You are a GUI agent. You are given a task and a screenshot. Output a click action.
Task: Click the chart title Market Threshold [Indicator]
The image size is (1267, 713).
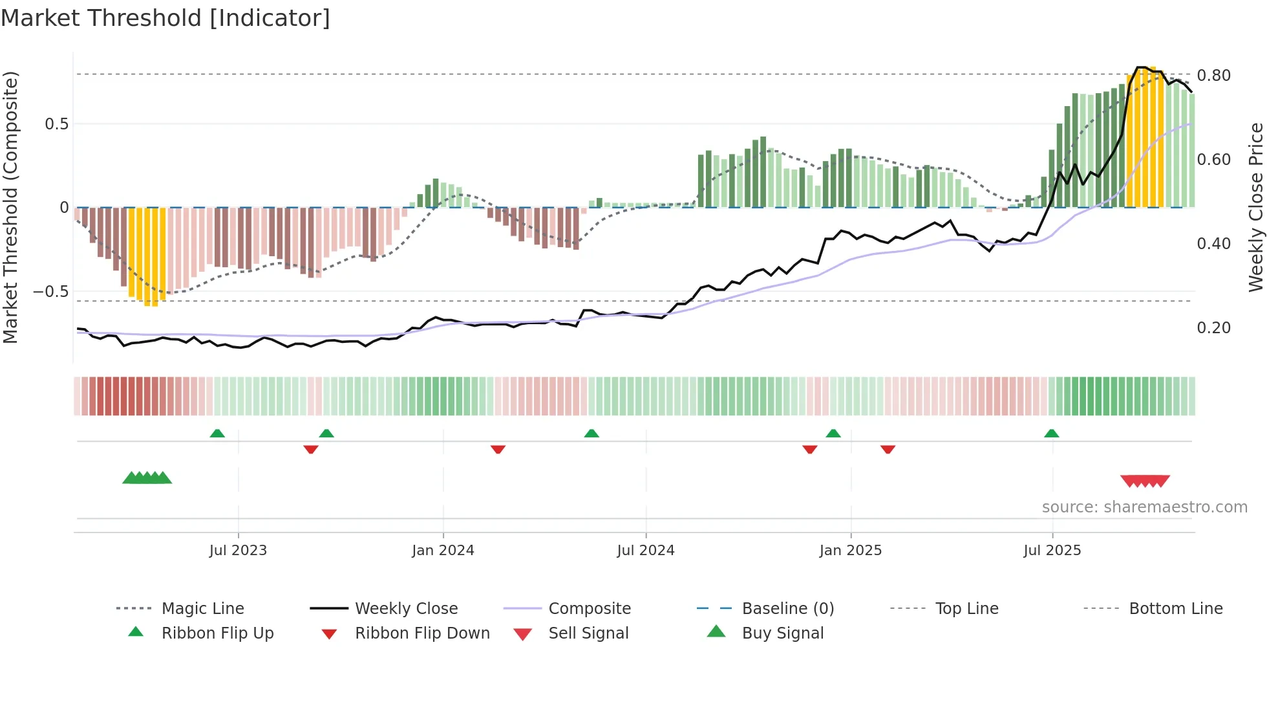click(x=165, y=18)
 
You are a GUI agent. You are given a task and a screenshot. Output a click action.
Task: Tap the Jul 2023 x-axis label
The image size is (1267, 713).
click(x=238, y=551)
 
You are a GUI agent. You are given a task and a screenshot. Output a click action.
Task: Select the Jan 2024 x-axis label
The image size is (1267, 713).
click(x=443, y=551)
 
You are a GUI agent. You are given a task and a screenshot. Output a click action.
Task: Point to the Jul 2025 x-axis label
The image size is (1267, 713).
click(x=1052, y=551)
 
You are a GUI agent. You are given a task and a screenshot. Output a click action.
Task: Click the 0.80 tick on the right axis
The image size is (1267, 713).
click(x=1213, y=76)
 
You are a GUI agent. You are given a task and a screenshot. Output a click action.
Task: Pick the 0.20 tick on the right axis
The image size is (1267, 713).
click(x=1213, y=328)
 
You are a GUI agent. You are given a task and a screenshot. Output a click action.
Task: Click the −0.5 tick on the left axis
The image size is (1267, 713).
click(x=50, y=292)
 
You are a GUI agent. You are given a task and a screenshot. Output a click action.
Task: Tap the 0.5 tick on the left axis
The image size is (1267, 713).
click(x=56, y=124)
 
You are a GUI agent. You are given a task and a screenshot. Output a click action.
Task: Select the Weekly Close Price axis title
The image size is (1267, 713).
click(x=1255, y=207)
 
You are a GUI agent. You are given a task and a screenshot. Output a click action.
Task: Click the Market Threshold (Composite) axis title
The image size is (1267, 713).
click(x=10, y=207)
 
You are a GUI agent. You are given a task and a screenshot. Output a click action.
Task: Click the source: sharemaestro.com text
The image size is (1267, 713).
click(x=1144, y=507)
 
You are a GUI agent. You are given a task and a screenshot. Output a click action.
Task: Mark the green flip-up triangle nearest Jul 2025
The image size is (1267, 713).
click(x=1051, y=433)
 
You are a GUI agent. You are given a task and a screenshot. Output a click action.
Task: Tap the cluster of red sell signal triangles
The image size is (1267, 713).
click(x=1145, y=481)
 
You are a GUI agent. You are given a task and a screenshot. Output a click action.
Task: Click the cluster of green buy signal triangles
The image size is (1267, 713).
click(x=147, y=478)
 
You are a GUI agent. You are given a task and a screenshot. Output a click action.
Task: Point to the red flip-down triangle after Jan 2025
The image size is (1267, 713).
click(x=888, y=449)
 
